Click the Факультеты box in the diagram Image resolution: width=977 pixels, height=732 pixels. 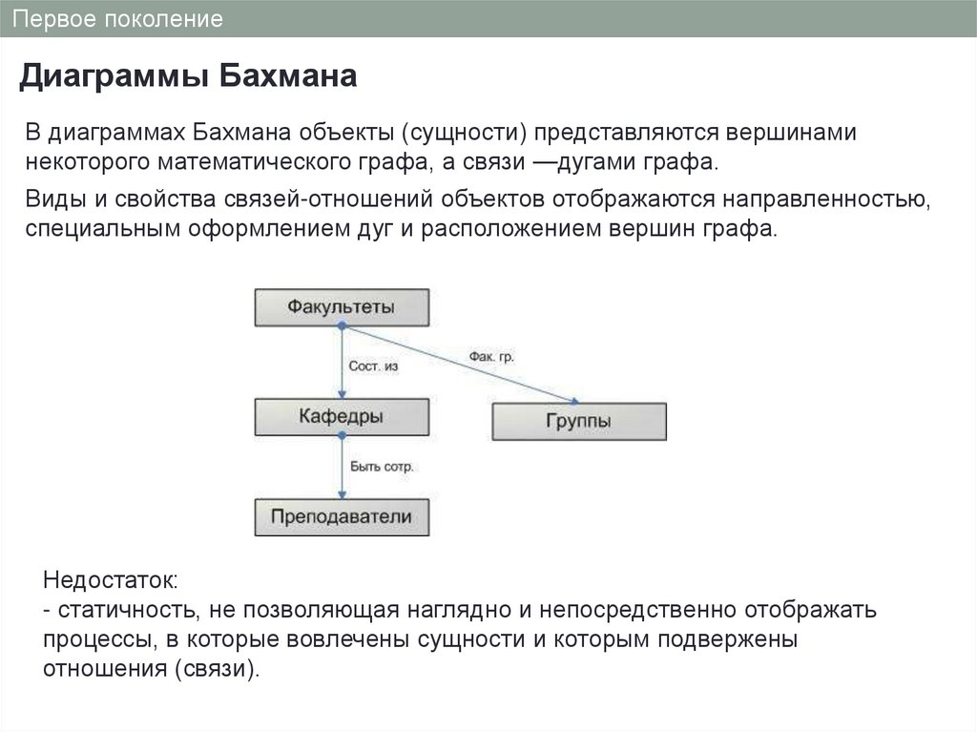click(341, 306)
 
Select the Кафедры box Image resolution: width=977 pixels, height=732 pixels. click(341, 417)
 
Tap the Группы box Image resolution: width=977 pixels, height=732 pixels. click(579, 421)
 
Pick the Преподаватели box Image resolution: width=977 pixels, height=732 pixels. click(341, 517)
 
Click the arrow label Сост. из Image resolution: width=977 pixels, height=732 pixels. click(373, 366)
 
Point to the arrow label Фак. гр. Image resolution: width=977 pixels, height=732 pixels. click(491, 356)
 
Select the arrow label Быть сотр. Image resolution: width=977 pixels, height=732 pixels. click(381, 467)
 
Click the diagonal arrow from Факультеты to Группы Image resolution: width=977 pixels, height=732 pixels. click(458, 364)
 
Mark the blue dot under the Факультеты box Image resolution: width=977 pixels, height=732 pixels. click(342, 326)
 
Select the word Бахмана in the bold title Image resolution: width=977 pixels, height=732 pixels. click(287, 76)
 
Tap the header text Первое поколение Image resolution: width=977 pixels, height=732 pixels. click(123, 19)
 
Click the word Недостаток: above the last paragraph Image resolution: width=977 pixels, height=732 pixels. click(111, 581)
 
